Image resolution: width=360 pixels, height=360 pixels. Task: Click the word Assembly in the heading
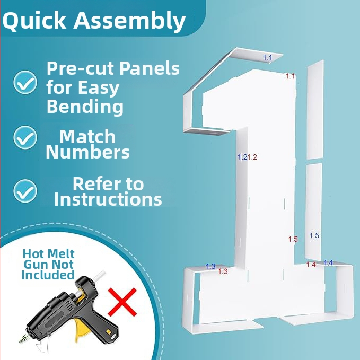[129, 21]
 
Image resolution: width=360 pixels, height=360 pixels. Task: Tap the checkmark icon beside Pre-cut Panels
[25, 82]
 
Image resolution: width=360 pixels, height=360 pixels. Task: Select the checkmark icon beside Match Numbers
[25, 137]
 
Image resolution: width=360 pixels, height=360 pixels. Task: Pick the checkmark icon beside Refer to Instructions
[25, 191]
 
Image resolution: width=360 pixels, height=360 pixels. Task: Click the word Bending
[85, 106]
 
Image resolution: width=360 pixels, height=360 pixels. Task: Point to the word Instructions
[108, 199]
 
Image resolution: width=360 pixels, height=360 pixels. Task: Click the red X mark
[122, 302]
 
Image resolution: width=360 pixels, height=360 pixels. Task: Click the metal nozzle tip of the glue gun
[23, 338]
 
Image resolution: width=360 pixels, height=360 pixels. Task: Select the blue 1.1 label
[267, 58]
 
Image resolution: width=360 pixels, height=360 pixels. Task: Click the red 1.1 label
[290, 76]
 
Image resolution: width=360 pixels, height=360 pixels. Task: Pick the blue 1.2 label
[242, 157]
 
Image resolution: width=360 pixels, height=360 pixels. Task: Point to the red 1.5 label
[293, 239]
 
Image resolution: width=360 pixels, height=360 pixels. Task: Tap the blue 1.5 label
[314, 235]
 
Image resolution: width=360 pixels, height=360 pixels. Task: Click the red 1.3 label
[223, 271]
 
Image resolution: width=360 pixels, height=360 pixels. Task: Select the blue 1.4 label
[328, 262]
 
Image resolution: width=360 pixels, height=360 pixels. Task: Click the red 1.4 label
[311, 265]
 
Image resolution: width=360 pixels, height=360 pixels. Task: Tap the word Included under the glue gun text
[48, 275]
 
